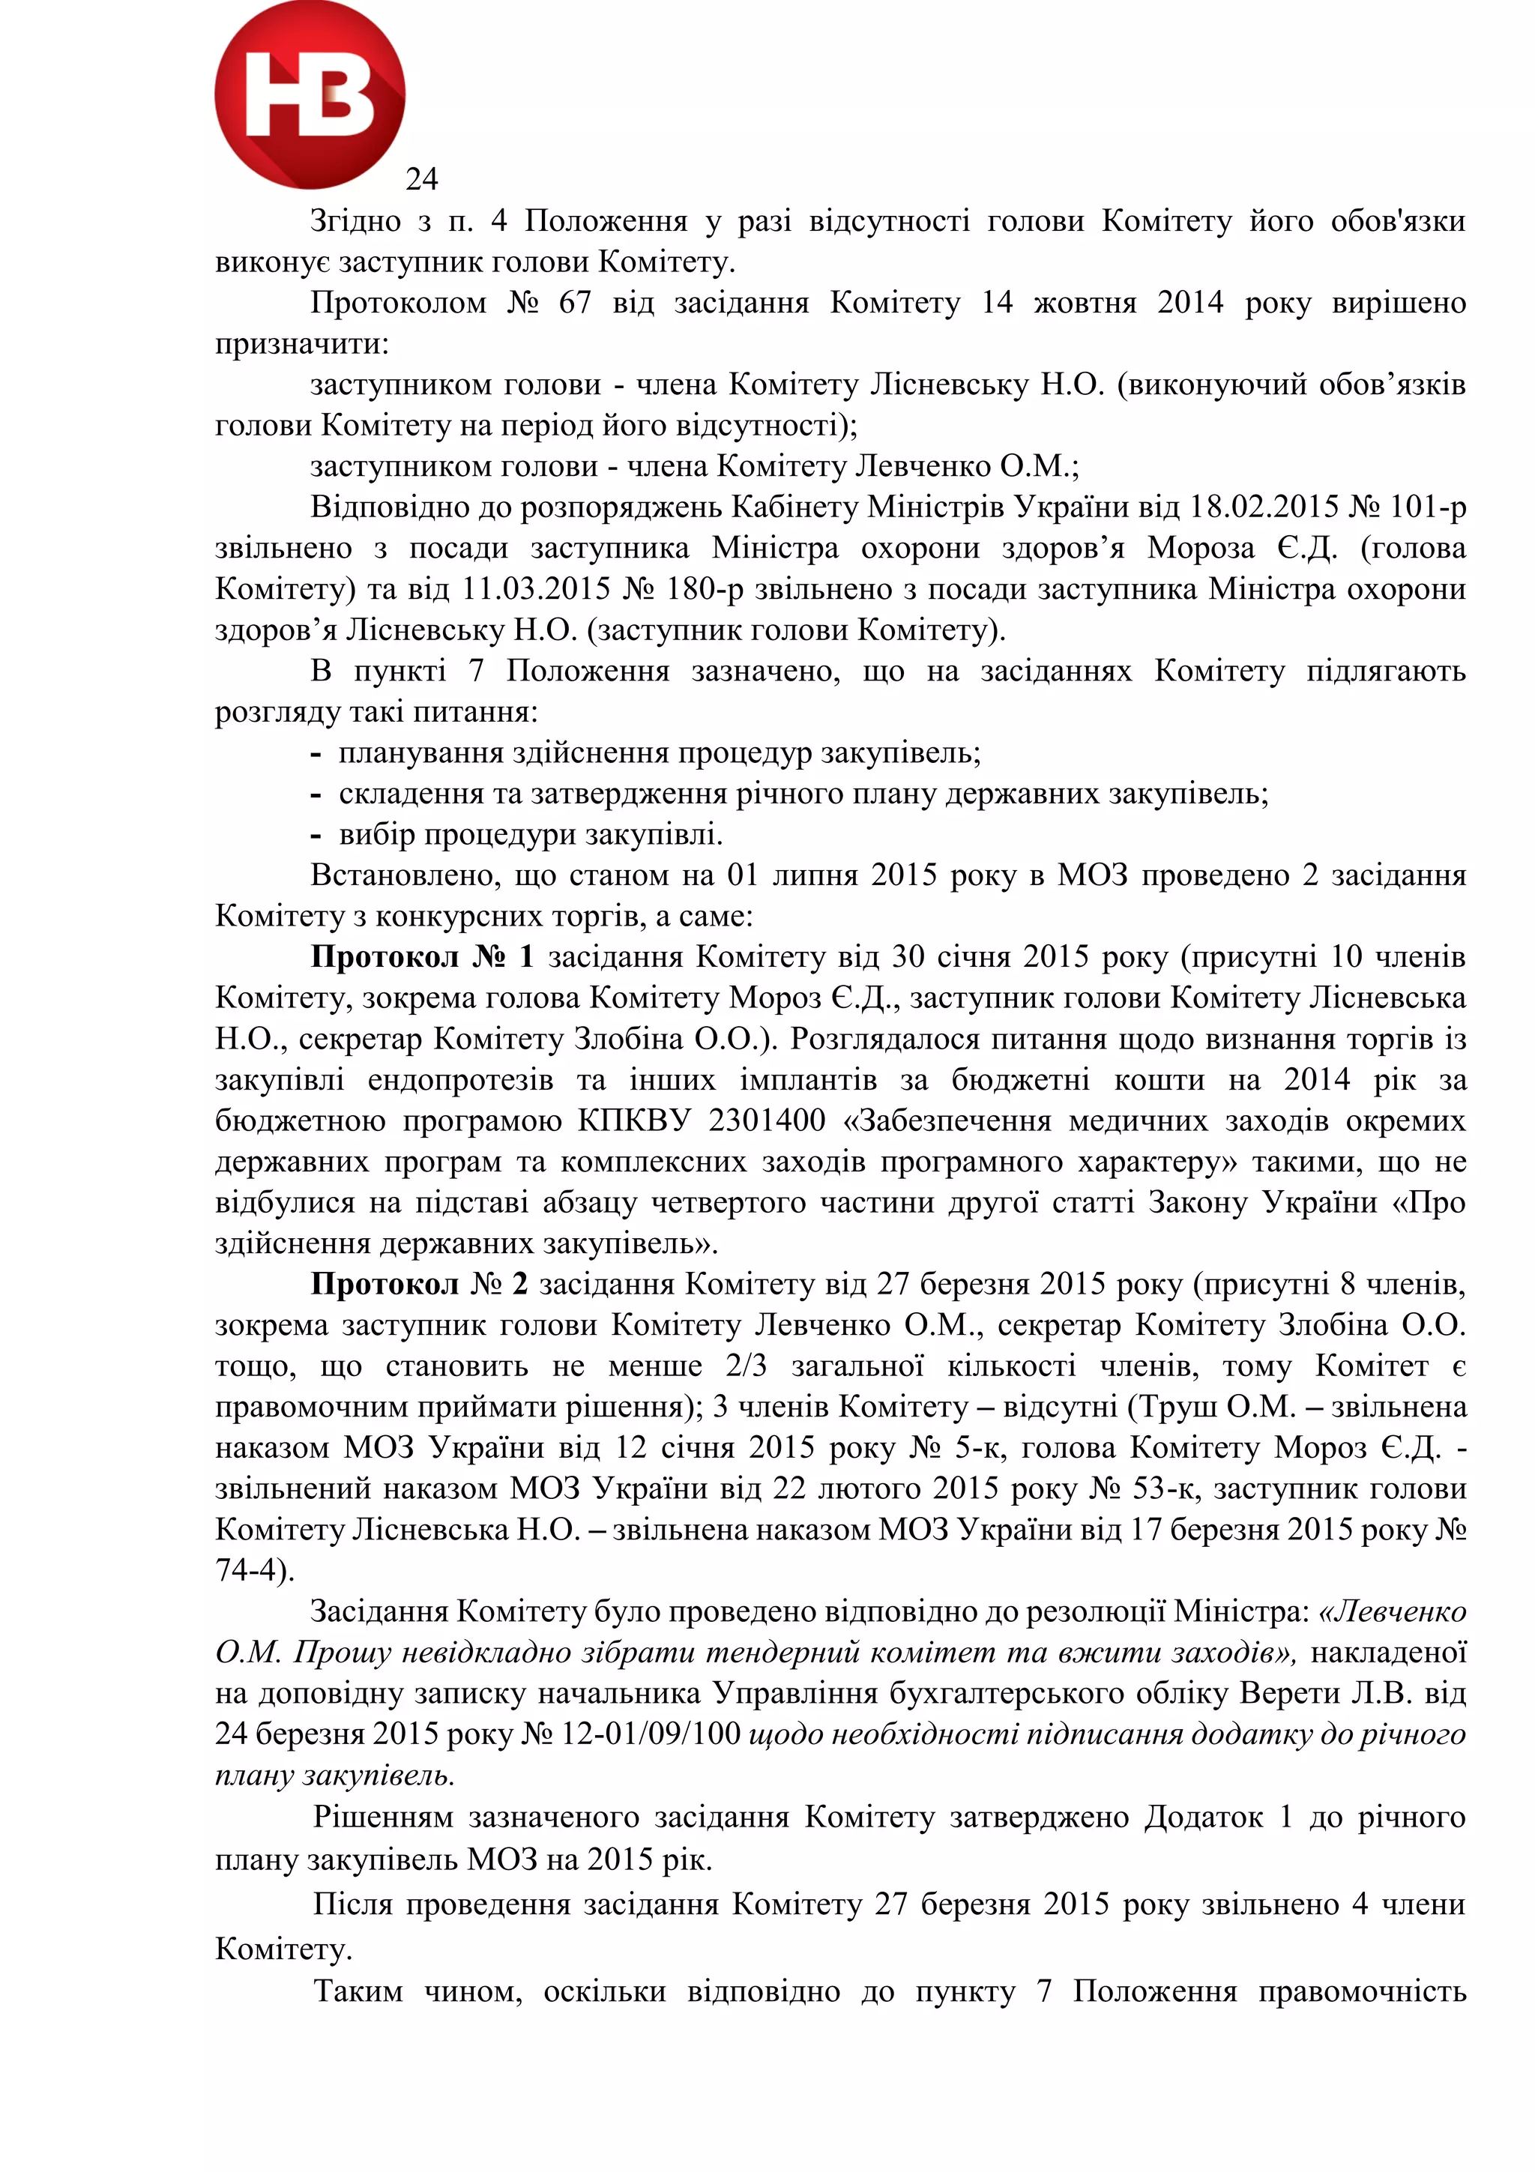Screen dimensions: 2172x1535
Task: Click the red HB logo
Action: [x=310, y=94]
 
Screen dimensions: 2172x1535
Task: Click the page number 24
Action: [x=422, y=178]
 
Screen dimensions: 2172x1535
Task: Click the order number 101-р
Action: [x=1427, y=507]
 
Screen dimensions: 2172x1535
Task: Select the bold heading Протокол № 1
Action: [x=423, y=956]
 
